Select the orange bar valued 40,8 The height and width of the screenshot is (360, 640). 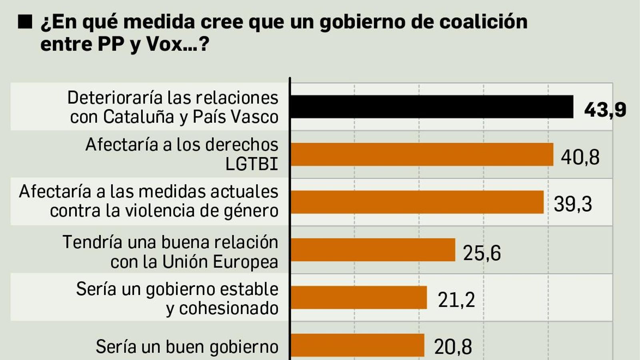[x=422, y=154]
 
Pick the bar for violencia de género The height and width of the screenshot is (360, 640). [x=417, y=202]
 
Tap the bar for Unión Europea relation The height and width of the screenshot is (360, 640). [x=373, y=250]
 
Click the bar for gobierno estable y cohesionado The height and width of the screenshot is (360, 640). [x=358, y=298]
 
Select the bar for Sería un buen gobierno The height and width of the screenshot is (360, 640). [x=357, y=345]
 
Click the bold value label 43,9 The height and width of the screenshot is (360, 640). [x=605, y=110]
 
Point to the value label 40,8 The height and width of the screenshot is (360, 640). [x=580, y=157]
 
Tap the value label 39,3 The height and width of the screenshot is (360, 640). [x=573, y=204]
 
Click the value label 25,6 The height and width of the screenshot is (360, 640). [x=482, y=253]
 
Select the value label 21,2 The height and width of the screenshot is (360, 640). [x=456, y=300]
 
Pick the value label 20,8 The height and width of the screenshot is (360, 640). [x=453, y=347]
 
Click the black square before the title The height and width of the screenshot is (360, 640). [x=25, y=22]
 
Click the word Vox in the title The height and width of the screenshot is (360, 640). [x=165, y=44]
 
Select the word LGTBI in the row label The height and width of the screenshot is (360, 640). [x=252, y=164]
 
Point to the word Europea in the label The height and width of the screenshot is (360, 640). [x=245, y=262]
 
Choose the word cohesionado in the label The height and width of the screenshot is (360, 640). [x=228, y=308]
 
